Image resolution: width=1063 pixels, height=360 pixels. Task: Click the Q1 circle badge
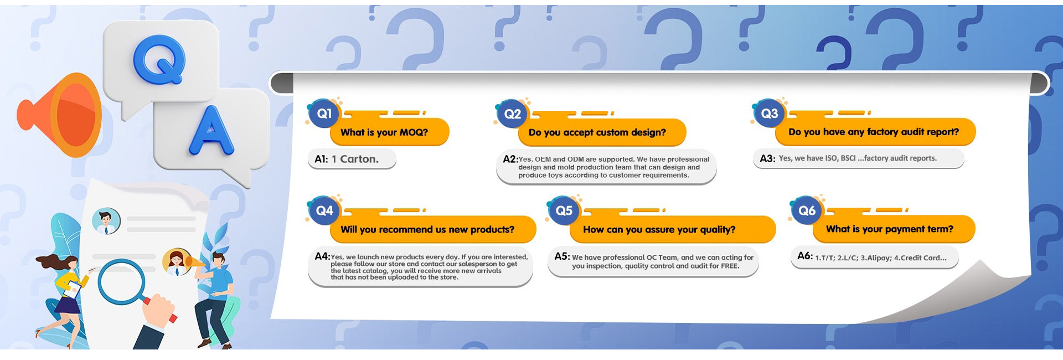pos(324,114)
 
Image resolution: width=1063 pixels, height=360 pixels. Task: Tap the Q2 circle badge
pos(512,114)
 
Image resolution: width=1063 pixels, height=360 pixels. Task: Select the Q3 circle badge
pos(769,114)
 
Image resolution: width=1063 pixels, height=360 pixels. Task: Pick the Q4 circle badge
pos(324,210)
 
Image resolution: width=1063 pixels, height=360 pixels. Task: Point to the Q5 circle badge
pos(564,210)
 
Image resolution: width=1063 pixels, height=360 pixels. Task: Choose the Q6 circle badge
pos(807,210)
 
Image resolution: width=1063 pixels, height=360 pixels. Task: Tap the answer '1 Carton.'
pos(355,159)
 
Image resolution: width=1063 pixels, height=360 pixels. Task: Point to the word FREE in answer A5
pos(729,266)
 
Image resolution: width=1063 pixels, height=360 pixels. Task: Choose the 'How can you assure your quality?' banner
pos(672,229)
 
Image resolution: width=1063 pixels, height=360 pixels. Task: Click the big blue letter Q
pos(159,60)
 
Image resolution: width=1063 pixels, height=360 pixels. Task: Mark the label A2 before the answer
pos(510,159)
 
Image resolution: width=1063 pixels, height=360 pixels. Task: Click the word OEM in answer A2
pos(543,160)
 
